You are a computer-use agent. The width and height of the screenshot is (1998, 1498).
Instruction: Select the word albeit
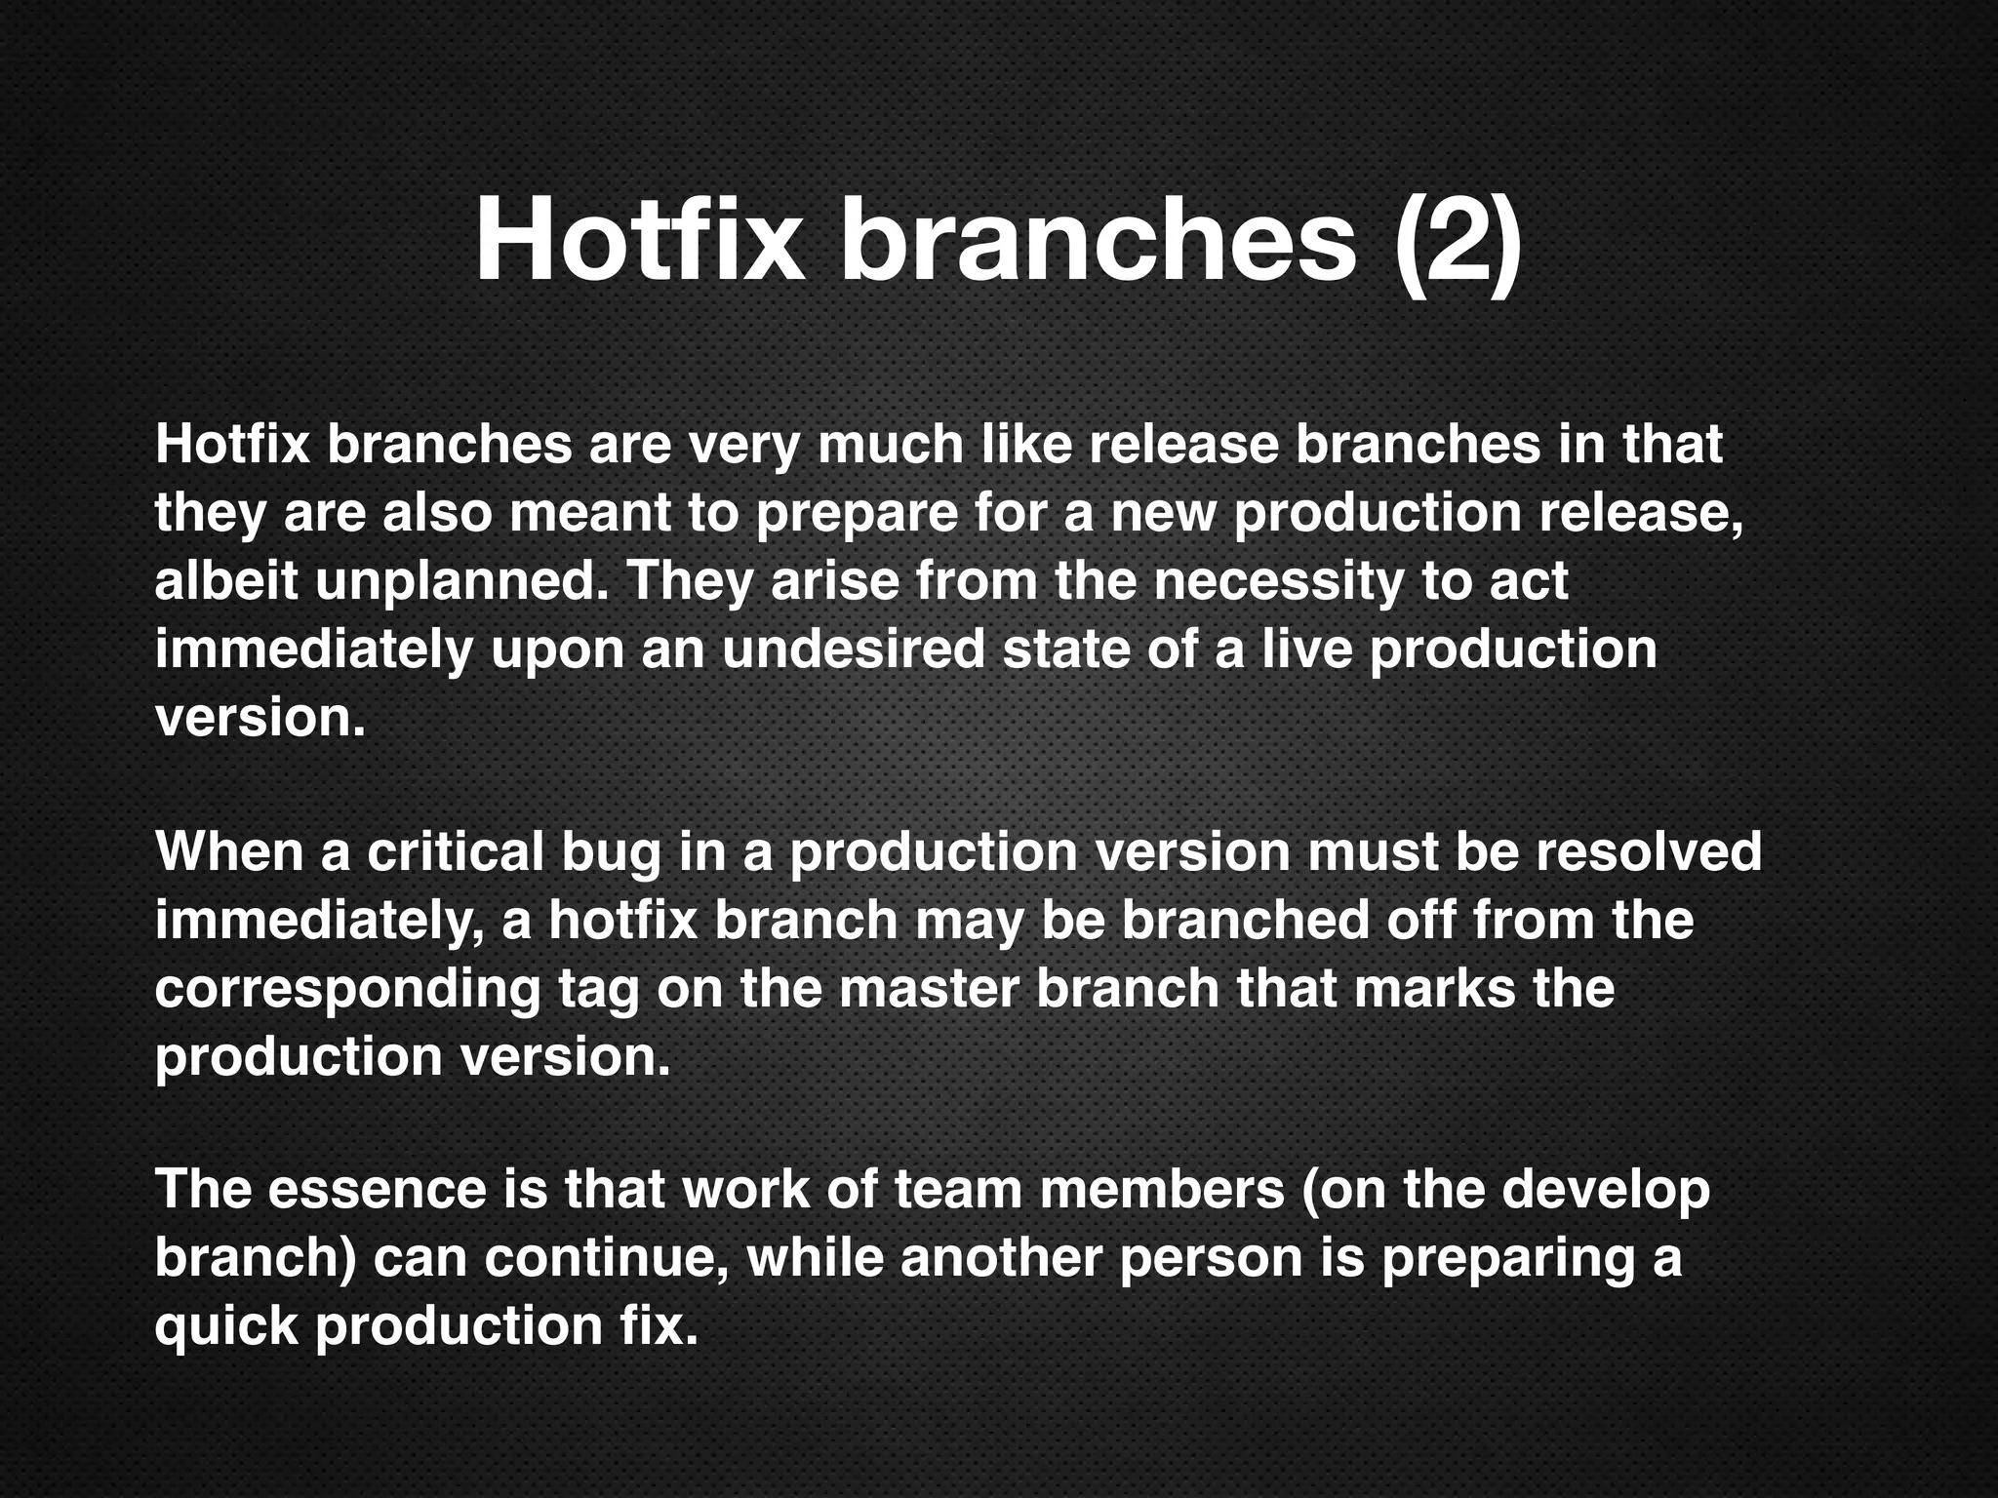(226, 581)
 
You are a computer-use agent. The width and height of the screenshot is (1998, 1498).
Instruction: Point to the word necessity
(1276, 583)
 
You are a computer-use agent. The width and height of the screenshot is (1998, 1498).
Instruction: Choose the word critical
(455, 851)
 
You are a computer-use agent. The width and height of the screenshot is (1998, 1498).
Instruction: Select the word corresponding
(347, 990)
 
